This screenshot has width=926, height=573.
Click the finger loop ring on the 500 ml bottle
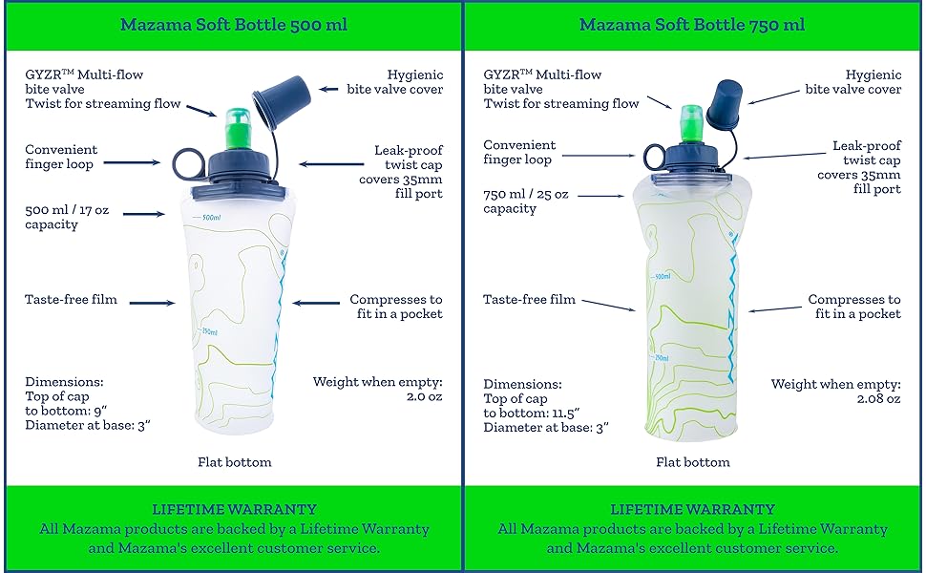pos(175,162)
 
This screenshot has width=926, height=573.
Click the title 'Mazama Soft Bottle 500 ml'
pos(234,25)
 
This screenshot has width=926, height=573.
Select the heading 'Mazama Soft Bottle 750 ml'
pos(692,25)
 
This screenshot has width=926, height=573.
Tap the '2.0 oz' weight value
pos(424,396)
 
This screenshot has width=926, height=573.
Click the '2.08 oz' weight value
pos(879,399)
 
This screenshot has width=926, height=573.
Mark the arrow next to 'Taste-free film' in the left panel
pos(153,303)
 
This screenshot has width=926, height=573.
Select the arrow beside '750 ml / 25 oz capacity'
pos(600,196)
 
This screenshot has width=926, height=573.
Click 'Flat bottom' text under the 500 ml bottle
pos(235,462)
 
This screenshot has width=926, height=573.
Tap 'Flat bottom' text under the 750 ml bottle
pos(693,462)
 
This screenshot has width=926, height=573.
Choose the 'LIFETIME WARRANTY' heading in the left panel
pos(235,509)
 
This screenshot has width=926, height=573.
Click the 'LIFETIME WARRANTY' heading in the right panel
pos(693,509)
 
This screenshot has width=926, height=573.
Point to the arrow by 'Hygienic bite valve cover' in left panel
pos(329,89)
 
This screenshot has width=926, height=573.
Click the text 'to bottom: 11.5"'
pos(532,413)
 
